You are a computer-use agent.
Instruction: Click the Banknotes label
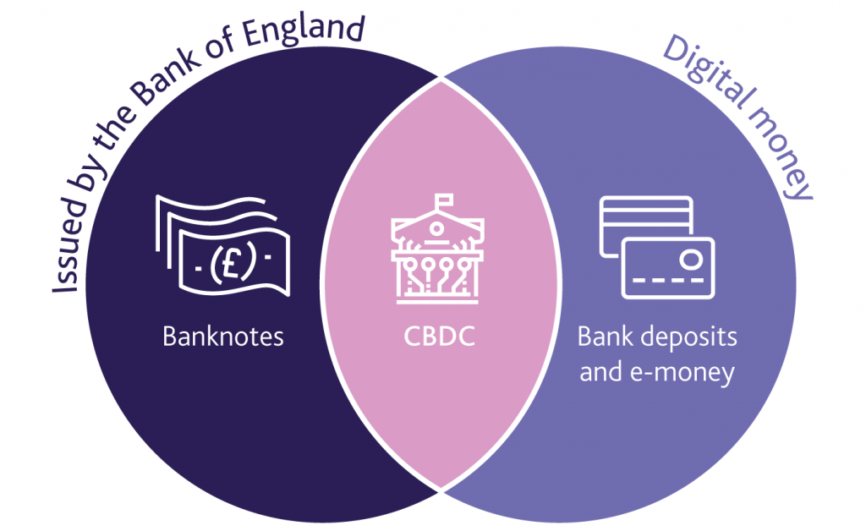pos(223,337)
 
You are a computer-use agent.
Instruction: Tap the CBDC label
pos(439,337)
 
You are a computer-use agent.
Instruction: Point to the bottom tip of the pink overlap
pos(440,489)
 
